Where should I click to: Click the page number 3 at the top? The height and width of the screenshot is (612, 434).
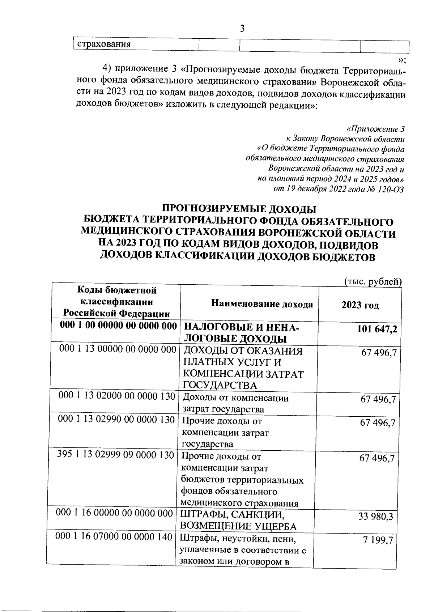(242, 28)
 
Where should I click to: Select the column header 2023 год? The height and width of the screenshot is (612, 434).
(360, 305)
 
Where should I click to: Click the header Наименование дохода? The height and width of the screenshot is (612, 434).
(262, 304)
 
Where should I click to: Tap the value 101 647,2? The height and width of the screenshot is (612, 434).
(377, 329)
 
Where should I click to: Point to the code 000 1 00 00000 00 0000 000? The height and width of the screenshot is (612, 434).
(118, 326)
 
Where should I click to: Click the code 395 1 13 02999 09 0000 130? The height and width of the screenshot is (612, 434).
(116, 455)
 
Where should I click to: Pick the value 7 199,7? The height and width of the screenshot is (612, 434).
(378, 540)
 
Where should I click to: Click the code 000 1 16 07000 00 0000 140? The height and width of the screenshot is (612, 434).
(114, 537)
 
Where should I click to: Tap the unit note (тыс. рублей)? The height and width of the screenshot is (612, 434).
(373, 281)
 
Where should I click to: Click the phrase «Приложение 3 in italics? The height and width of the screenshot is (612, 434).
(375, 129)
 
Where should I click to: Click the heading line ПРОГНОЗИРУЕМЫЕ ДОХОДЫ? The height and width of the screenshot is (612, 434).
(239, 209)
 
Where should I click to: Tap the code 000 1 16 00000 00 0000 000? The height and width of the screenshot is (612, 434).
(114, 513)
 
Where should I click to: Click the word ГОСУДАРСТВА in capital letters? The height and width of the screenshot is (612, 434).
(220, 385)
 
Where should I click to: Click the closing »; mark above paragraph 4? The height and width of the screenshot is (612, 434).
(402, 59)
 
